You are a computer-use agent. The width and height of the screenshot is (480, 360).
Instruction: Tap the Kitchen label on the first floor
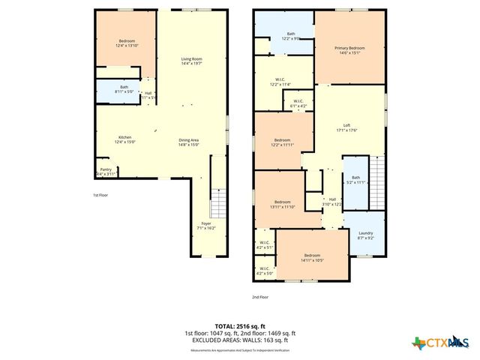(124, 137)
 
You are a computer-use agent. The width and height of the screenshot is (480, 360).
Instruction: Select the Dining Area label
(188, 140)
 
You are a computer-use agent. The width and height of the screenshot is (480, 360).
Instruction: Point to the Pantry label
(105, 170)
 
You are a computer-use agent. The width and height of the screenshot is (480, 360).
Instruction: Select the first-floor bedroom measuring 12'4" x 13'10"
(126, 42)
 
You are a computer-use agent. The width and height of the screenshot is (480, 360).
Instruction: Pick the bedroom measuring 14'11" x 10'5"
(312, 256)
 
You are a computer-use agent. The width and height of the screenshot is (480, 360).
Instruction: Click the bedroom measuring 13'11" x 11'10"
(282, 203)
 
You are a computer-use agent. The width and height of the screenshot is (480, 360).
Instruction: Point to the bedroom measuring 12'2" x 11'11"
(282, 141)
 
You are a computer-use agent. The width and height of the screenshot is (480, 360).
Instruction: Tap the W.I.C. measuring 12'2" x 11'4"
(280, 81)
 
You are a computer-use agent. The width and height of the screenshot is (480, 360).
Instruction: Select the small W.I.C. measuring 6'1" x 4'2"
(298, 103)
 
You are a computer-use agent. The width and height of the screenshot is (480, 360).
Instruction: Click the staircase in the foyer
(218, 202)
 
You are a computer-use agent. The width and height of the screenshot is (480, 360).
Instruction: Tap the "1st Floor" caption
(101, 195)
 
